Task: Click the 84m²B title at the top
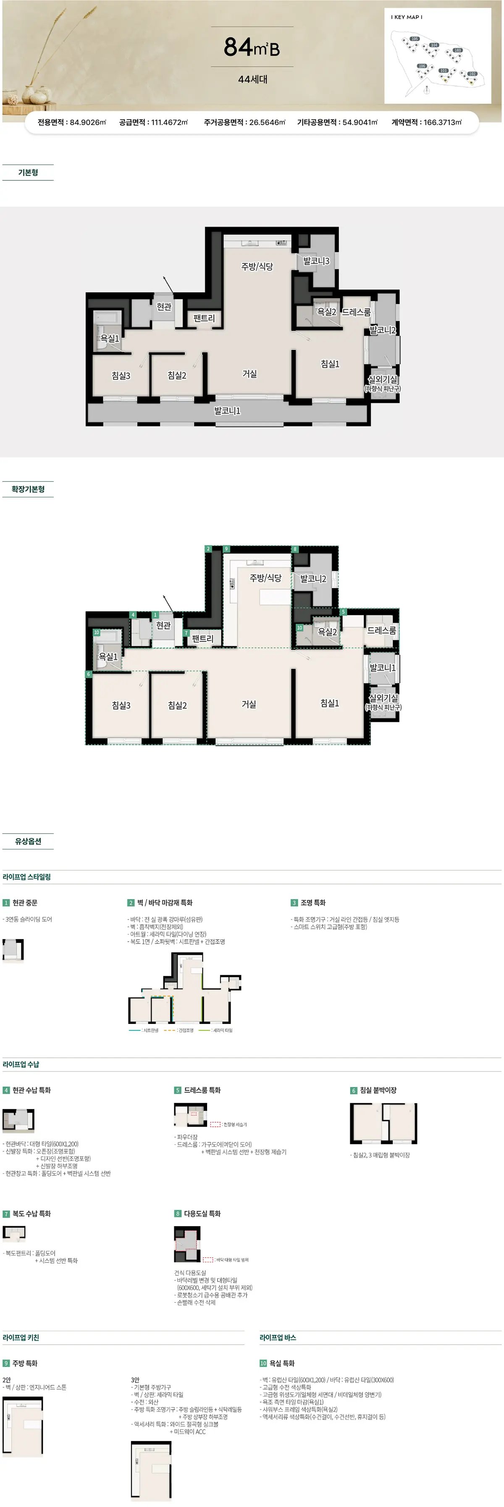click(x=252, y=47)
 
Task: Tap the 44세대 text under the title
click(x=252, y=79)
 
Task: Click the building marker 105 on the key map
click(x=415, y=39)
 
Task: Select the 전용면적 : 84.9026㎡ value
click(x=72, y=122)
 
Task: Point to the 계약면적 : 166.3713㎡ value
click(x=426, y=122)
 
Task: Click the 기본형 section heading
click(x=28, y=172)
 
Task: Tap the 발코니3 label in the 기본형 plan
click(x=316, y=261)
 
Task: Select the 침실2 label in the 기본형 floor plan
click(x=177, y=376)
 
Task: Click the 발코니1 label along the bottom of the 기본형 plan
click(x=227, y=411)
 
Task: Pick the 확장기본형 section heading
click(x=28, y=489)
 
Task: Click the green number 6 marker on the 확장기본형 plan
click(x=88, y=674)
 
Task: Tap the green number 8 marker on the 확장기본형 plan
click(x=295, y=549)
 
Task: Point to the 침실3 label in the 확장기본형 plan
click(x=121, y=705)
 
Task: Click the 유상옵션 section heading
click(x=28, y=841)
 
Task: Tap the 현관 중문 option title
click(x=25, y=903)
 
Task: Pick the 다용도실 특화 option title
click(x=202, y=1213)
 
